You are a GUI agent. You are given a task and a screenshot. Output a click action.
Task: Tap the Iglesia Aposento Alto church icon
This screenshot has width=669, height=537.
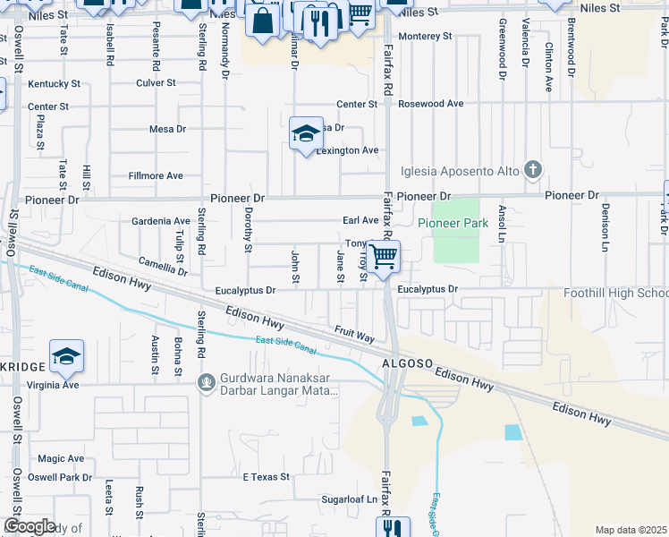pyautogui.click(x=533, y=169)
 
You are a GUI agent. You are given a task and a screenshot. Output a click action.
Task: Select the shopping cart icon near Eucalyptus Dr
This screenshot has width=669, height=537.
pyautogui.click(x=384, y=257)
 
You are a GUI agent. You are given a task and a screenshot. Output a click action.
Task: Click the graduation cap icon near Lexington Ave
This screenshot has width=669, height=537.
pyautogui.click(x=306, y=133)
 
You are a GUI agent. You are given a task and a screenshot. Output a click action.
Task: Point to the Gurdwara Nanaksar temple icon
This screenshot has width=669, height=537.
pyautogui.click(x=207, y=383)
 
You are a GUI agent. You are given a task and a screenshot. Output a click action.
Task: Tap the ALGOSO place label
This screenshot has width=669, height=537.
pyautogui.click(x=408, y=364)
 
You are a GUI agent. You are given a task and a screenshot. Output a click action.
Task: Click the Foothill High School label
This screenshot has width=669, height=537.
pyautogui.click(x=615, y=294)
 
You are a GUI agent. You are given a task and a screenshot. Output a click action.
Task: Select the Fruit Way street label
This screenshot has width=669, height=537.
pyautogui.click(x=354, y=335)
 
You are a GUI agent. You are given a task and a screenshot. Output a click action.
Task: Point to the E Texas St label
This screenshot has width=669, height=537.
pyautogui.click(x=267, y=477)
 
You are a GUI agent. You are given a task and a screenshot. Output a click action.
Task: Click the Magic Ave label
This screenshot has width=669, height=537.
pyautogui.click(x=61, y=458)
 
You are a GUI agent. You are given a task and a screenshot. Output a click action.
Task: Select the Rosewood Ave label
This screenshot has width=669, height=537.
pyautogui.click(x=431, y=104)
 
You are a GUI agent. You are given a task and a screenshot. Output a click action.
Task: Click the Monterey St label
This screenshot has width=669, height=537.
pyautogui.click(x=427, y=37)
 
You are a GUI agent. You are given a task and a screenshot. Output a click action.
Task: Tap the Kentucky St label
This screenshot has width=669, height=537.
pyautogui.click(x=55, y=84)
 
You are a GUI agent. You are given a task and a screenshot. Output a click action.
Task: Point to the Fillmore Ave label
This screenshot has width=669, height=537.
pyautogui.click(x=156, y=176)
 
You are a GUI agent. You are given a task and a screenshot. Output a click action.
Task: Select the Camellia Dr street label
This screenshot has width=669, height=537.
pyautogui.click(x=163, y=264)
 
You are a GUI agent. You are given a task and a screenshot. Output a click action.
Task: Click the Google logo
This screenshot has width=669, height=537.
pyautogui.click(x=30, y=527)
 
